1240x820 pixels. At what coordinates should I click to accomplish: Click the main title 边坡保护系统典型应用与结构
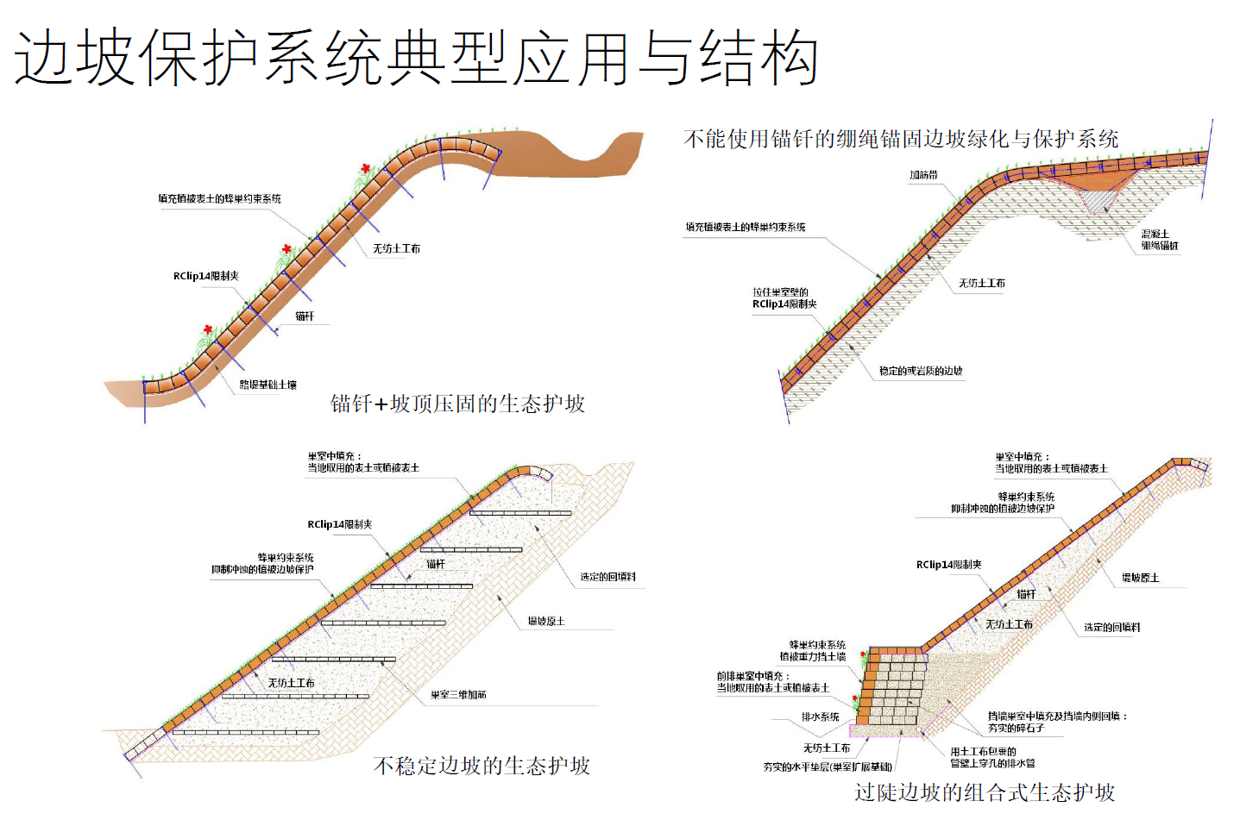416,59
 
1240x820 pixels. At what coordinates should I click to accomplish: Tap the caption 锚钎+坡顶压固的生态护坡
457,404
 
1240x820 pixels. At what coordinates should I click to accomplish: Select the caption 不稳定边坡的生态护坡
482,766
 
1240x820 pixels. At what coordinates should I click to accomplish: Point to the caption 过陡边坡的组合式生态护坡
985,792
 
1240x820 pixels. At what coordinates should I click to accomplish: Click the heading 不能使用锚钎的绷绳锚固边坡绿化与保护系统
901,139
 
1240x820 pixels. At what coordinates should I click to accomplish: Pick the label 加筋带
922,175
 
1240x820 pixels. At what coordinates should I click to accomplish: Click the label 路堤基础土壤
268,385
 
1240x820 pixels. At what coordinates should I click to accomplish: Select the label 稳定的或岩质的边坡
920,371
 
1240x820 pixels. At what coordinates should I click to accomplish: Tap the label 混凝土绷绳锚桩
1159,240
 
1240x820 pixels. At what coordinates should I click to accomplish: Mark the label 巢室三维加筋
458,694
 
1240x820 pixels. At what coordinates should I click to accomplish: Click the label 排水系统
820,717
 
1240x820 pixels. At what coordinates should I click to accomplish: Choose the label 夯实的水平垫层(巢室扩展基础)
828,767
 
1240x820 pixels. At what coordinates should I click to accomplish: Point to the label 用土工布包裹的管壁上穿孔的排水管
992,757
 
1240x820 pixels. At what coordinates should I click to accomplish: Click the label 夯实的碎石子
1016,729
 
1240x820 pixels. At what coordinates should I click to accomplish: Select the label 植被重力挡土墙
812,657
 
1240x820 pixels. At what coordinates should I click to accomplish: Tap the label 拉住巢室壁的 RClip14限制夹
784,298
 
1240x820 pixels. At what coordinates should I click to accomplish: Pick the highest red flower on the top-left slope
366,168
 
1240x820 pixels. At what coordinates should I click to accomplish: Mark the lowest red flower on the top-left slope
208,329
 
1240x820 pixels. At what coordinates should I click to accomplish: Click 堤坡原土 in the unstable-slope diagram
546,621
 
